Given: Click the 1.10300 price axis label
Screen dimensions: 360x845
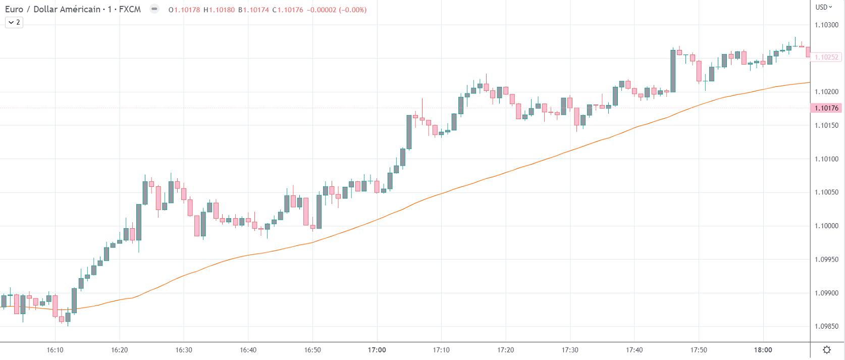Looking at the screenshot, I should [826, 25].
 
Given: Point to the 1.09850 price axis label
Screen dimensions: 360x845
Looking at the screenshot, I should [826, 326].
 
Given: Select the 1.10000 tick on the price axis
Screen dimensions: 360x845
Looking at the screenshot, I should [826, 226].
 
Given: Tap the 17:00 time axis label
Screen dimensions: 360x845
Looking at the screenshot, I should [377, 350].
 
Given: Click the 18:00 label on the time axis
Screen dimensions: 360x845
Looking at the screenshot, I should [763, 350].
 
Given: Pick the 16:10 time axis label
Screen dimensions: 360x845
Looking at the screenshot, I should [55, 350].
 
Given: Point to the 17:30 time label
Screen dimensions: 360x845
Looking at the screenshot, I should [570, 350].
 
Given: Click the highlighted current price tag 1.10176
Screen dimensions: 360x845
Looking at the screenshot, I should [826, 108].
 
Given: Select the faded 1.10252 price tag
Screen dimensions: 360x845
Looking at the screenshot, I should [826, 57].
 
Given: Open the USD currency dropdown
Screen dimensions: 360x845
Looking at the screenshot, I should [824, 7].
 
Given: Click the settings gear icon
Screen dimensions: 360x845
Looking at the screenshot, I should [827, 350].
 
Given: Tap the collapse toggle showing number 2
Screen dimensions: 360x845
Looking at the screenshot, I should [14, 22].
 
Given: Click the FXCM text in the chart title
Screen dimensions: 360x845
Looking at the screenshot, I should [130, 10].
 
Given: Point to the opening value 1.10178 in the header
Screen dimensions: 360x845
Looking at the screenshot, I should [187, 10].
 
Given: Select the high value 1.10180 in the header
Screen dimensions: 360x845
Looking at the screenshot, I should [222, 10].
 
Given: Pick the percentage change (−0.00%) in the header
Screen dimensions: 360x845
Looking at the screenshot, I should [353, 10].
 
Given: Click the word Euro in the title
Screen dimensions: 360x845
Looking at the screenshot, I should [14, 10].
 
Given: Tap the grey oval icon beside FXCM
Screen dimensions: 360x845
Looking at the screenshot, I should [154, 9].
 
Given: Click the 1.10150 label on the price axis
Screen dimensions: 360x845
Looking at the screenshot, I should [826, 125].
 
